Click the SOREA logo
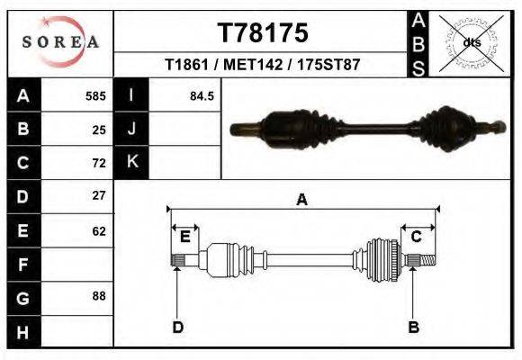coord(60,42)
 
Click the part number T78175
coord(263,33)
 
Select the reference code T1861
coord(186,64)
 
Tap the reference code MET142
coord(253,64)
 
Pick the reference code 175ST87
coord(328,64)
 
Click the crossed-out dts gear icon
coord(472,43)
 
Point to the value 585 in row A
coord(95,96)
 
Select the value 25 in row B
coord(99,130)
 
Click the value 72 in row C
coord(99,163)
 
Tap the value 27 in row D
coord(99,195)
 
